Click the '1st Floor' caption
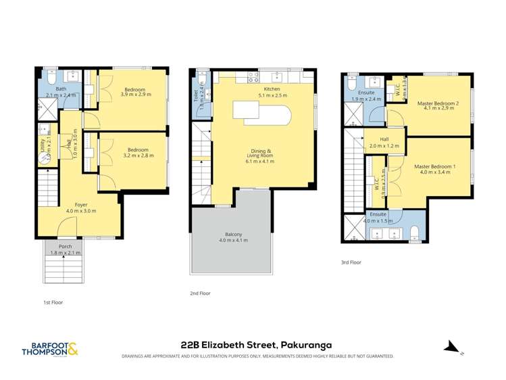pos(48,302)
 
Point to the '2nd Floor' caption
pos(200,293)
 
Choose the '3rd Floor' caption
pos(352,262)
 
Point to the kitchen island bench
pos(261,112)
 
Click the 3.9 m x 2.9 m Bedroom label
pos(134,92)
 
